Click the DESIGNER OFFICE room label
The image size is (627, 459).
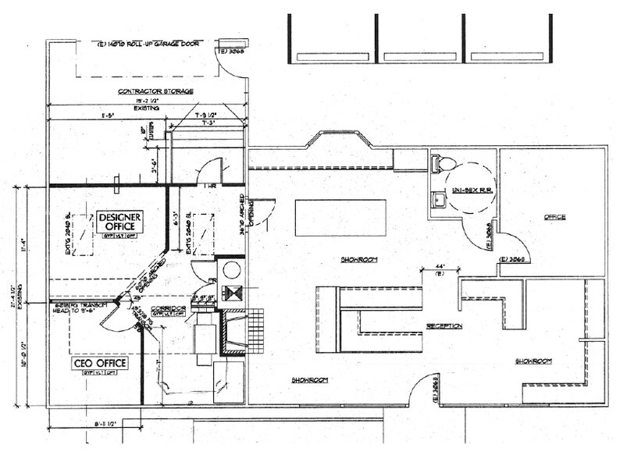[119, 221]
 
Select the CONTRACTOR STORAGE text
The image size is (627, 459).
[155, 91]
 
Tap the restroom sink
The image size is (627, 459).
[437, 201]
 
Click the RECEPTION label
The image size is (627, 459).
[444, 326]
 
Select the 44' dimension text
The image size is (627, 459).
[429, 267]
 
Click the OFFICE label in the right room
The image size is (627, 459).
[555, 217]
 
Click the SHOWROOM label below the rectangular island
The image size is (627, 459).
[357, 258]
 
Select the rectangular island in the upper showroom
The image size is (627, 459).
[340, 216]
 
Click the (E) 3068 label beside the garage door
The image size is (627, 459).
[232, 52]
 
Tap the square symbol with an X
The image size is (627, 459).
[230, 294]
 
